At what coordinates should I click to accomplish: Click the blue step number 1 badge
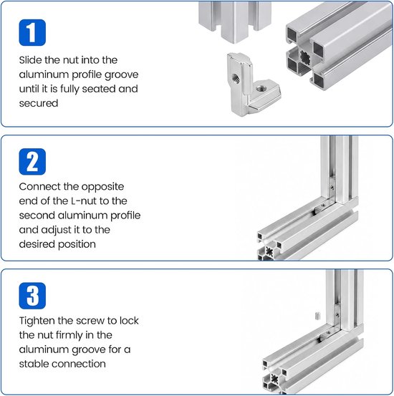point(32,32)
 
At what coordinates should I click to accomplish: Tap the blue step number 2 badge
point(32,162)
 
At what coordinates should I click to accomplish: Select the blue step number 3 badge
point(32,296)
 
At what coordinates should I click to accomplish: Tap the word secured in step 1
point(39,103)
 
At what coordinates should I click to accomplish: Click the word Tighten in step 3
point(37,321)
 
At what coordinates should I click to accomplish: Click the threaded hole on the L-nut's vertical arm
point(236,78)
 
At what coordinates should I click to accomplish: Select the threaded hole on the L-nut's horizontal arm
point(261,88)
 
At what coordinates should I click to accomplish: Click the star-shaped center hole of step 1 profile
point(306,57)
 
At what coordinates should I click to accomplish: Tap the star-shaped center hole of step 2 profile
point(269,251)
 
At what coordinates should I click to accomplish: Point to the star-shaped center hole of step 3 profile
point(274,378)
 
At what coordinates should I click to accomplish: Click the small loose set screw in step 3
point(317,316)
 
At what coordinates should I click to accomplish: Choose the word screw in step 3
point(90,321)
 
